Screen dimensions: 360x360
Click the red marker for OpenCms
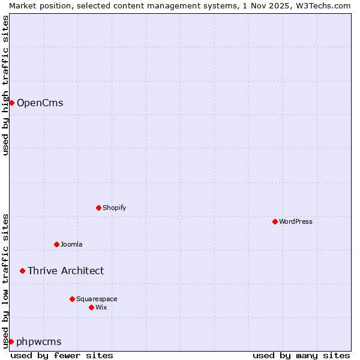coord(11,103)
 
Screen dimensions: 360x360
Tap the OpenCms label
coord(40,103)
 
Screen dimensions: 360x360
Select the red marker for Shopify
coord(98,208)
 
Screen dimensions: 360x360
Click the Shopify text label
coord(114,208)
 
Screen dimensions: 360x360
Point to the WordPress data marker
coord(275,221)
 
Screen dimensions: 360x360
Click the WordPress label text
coord(295,221)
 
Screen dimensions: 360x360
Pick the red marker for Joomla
coord(57,244)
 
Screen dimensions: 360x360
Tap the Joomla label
coord(71,244)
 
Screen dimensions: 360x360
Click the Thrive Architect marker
coord(23,271)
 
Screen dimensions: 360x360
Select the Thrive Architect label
coord(65,271)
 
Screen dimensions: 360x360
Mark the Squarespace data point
coord(72,299)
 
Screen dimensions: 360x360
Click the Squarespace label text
coord(97,299)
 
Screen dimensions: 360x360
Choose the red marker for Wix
coord(91,307)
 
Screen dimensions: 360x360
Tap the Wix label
coord(101,307)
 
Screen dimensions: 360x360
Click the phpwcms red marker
coord(11,341)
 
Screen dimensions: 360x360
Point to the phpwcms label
coord(39,341)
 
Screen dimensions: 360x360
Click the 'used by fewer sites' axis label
coord(62,355)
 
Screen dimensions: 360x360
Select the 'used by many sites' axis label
coord(301,355)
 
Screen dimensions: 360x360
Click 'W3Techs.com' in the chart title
coord(326,5)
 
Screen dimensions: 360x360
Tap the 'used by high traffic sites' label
coord(5,85)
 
